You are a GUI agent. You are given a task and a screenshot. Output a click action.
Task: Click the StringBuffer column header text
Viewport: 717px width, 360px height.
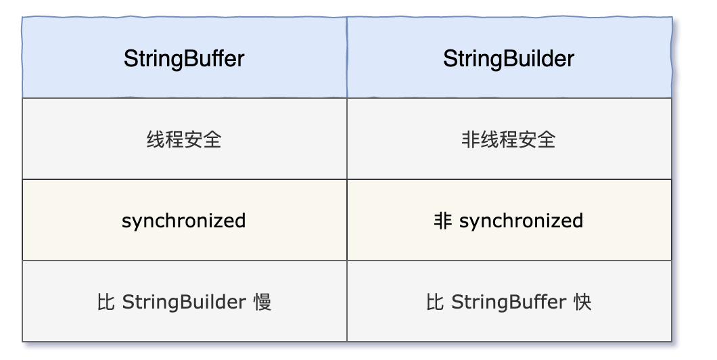[184, 59]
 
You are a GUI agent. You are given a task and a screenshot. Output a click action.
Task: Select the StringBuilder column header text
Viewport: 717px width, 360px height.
[509, 59]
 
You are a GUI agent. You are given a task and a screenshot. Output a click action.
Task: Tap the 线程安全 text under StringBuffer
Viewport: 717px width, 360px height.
[184, 139]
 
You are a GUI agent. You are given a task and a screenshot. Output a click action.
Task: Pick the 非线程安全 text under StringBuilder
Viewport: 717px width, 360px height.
[509, 139]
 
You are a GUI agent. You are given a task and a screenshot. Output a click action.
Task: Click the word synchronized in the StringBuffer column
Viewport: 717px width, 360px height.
[184, 221]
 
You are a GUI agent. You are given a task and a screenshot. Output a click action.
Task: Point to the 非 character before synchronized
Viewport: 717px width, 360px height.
[442, 221]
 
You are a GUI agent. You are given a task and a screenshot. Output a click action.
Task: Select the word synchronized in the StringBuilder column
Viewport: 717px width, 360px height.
[522, 221]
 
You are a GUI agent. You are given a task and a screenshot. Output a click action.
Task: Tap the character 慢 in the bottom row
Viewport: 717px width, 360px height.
[262, 302]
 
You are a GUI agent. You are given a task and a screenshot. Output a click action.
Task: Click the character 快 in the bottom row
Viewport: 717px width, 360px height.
[582, 302]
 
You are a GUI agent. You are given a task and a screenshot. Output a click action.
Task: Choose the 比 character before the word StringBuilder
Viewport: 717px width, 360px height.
[106, 302]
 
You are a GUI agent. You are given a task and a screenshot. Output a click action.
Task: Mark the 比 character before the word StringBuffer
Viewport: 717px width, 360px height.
[435, 302]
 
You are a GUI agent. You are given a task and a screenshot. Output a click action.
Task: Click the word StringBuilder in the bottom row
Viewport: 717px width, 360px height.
[184, 302]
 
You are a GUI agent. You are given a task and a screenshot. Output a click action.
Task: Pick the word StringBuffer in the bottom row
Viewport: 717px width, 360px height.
[509, 302]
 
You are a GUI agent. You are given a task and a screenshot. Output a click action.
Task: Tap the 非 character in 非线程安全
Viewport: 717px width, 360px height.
[471, 139]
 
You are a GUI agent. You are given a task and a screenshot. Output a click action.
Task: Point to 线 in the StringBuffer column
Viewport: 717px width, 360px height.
[156, 139]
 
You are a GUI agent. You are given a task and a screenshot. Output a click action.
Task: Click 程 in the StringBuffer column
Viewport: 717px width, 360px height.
[175, 139]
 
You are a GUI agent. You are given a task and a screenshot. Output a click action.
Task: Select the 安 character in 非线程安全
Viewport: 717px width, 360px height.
[528, 139]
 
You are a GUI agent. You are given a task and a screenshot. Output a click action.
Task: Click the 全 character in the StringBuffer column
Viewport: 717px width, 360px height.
[212, 139]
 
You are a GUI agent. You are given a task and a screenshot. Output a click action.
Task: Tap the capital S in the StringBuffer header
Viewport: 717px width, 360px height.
[131, 59]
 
